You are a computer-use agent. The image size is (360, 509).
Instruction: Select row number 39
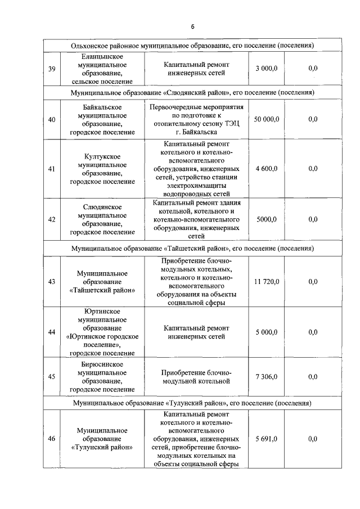click(x=51, y=69)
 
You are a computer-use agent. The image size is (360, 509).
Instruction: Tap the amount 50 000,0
click(x=266, y=119)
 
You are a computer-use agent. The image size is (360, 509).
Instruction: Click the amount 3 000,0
click(x=266, y=69)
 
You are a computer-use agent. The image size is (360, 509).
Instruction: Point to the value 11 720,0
click(x=266, y=282)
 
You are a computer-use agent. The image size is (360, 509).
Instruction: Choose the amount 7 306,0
click(x=266, y=376)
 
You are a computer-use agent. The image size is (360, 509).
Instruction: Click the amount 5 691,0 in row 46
click(x=266, y=439)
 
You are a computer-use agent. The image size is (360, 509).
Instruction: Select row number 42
click(x=51, y=219)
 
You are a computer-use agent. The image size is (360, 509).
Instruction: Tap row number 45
click(x=51, y=376)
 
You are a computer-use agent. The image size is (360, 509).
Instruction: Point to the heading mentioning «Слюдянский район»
click(x=192, y=92)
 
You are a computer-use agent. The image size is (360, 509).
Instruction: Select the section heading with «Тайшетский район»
click(x=192, y=247)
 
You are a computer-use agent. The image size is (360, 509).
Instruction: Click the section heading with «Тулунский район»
click(x=192, y=403)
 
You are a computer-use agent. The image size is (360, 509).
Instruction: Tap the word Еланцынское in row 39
click(x=102, y=56)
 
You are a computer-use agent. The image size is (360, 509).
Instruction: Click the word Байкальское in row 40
click(x=102, y=106)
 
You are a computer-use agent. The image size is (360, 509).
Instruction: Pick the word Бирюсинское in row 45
click(x=102, y=364)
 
